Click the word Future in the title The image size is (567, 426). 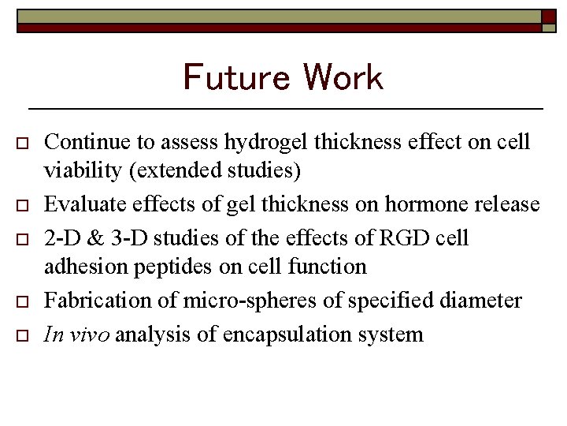pos(235,77)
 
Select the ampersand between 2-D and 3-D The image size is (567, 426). pos(94,237)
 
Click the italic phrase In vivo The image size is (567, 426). pos(78,334)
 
